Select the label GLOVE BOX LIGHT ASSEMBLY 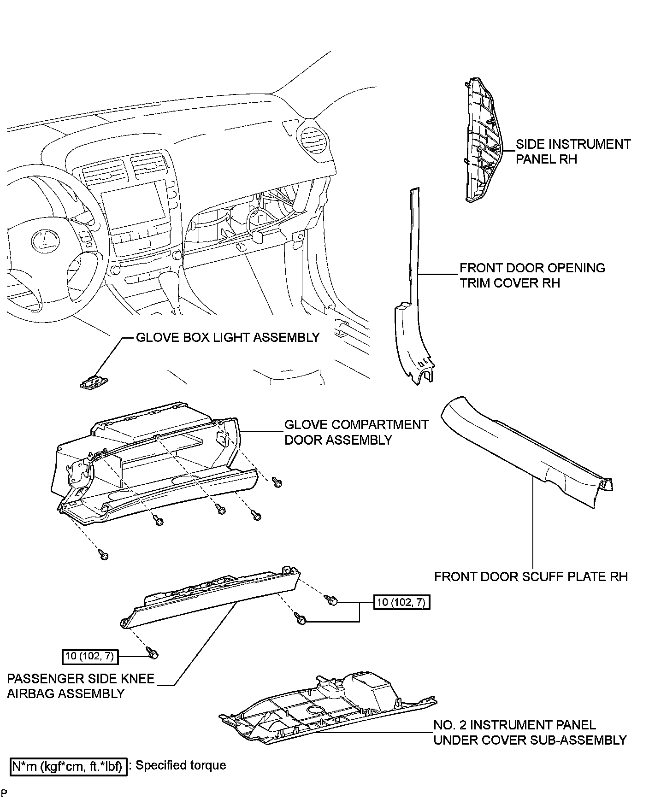click(x=228, y=337)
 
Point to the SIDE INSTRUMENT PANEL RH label click(x=573, y=152)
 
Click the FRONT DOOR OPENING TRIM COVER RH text click(x=532, y=275)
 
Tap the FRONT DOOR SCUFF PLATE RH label click(x=531, y=576)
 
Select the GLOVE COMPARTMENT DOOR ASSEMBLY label click(x=356, y=432)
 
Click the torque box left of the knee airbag click(x=90, y=656)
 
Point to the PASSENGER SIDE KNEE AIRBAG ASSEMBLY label click(x=81, y=686)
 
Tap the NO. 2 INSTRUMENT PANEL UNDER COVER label click(x=530, y=732)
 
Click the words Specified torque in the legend click(x=181, y=766)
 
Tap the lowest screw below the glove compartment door click(x=103, y=554)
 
